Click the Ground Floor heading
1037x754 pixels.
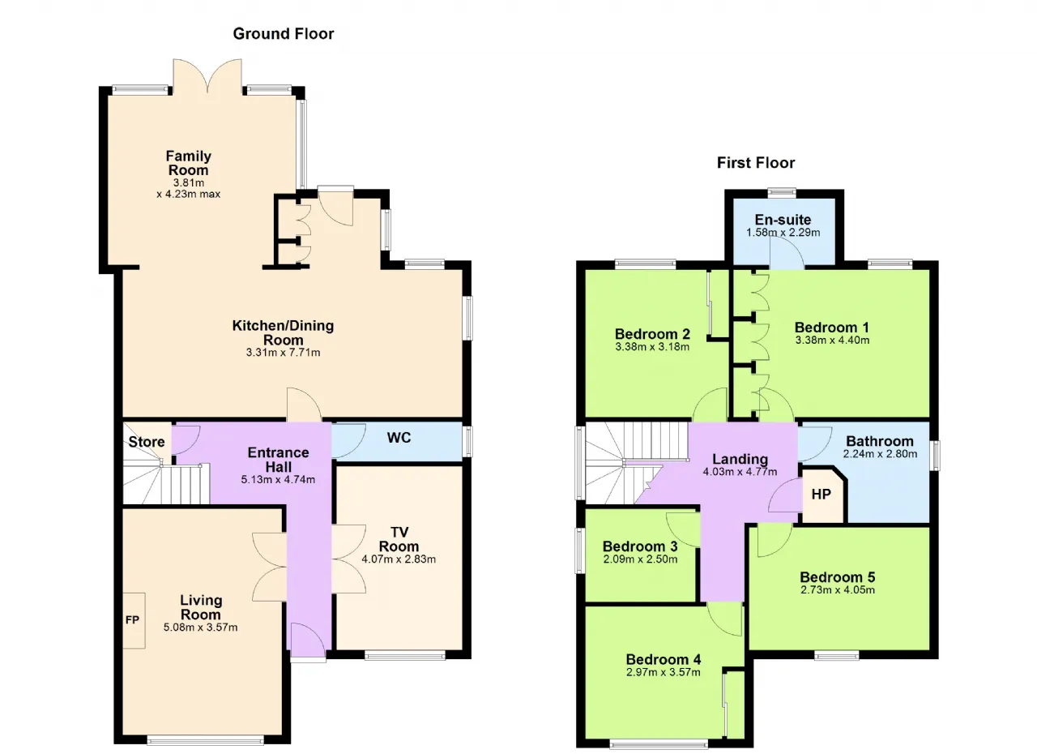[284, 34]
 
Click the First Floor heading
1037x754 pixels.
[756, 163]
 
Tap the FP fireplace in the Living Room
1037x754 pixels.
[133, 619]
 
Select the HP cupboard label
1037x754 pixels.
[821, 495]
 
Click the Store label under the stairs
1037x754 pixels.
[147, 442]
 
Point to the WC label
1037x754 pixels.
[399, 438]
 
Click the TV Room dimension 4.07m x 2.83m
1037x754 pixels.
[399, 559]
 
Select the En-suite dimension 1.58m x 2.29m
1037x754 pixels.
[783, 233]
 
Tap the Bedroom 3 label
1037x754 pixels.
[640, 546]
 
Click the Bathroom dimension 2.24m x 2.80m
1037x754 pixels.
[880, 454]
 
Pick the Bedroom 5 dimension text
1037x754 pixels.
[838, 590]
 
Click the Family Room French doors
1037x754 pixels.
[207, 76]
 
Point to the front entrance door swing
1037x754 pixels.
[307, 640]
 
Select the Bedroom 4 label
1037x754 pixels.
[663, 659]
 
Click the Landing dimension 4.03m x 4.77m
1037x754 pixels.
[740, 472]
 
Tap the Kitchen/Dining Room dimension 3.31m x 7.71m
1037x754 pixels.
[283, 353]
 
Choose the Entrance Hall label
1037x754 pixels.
[278, 460]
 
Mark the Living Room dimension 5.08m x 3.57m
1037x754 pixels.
[200, 628]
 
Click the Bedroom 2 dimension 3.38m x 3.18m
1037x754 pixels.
[652, 346]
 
